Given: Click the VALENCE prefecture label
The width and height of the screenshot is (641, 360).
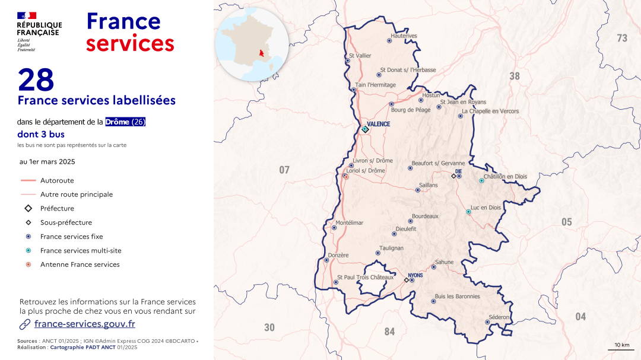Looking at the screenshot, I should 379,124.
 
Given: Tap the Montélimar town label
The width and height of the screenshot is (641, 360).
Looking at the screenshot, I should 349,223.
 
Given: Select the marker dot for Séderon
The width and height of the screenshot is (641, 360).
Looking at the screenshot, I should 487,322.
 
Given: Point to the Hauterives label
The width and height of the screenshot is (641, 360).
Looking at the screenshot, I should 404,36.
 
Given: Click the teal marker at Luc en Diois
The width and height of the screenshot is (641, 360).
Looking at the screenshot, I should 468,212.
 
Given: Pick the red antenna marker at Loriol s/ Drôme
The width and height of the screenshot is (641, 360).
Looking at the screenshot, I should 346,176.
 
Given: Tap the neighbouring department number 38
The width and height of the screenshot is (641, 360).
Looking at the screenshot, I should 515,76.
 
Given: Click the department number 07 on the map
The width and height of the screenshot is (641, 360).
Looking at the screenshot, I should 284,170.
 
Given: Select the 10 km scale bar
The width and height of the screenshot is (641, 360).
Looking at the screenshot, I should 621,349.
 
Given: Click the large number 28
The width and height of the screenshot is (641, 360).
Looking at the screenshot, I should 36,80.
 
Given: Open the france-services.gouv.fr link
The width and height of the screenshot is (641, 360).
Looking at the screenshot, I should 85,324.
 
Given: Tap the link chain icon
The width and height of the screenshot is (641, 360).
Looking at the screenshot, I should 25,324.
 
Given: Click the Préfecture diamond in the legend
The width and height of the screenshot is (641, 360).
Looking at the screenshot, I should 28,208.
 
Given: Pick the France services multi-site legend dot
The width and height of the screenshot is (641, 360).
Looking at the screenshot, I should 28,251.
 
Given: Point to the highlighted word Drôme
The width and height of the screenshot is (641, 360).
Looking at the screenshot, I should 118,122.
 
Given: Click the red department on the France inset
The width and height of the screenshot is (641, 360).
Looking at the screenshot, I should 259,55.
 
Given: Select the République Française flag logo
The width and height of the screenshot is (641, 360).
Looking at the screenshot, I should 27,15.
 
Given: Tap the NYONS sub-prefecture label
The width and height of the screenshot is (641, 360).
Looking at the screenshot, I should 415,275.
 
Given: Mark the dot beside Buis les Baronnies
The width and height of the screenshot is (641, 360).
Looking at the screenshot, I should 433,301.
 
